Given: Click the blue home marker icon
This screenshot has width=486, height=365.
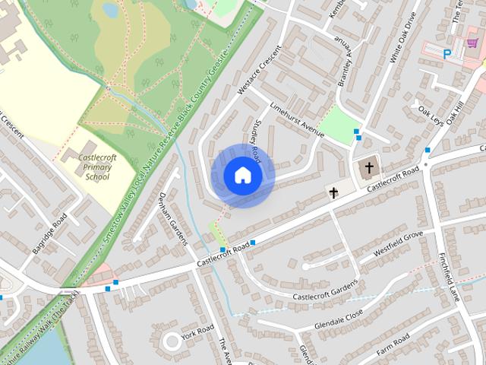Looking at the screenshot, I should click(x=242, y=176).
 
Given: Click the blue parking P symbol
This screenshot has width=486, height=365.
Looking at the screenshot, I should click(x=447, y=53).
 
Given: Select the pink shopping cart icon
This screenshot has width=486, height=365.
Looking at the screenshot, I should click(x=472, y=43).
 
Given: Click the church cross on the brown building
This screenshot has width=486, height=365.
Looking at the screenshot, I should click(x=370, y=167).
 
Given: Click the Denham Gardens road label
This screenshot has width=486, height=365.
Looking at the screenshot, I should click(x=173, y=218).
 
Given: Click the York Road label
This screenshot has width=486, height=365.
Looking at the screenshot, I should click(x=200, y=334).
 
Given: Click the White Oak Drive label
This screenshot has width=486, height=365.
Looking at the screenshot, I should click(x=403, y=36).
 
